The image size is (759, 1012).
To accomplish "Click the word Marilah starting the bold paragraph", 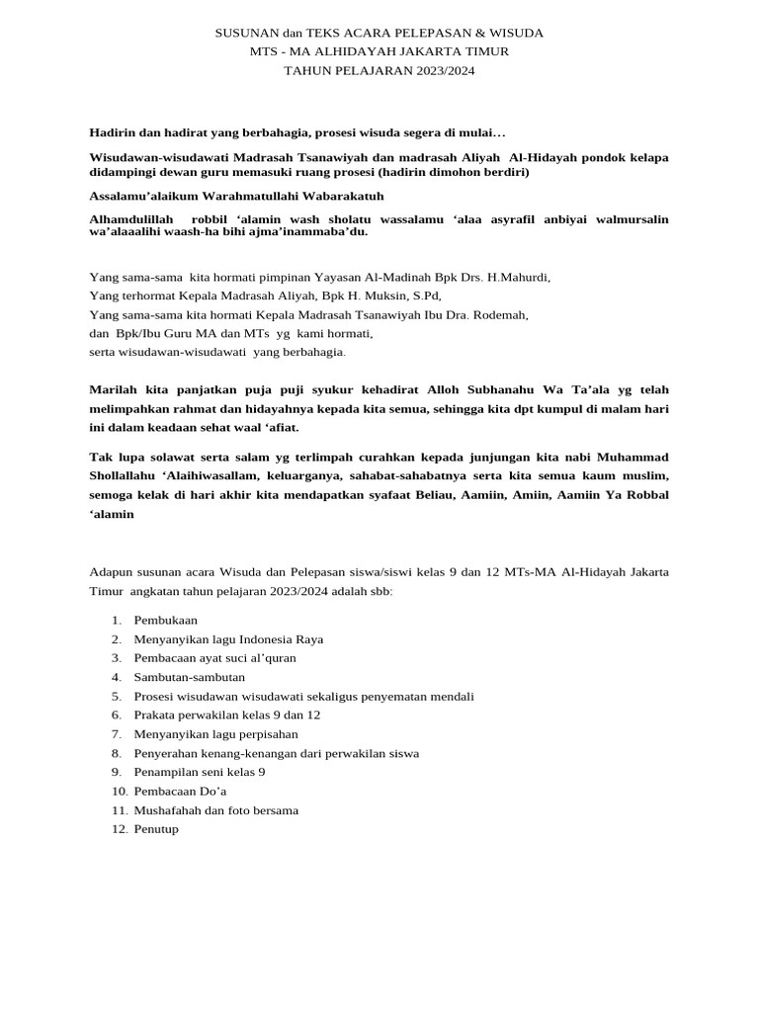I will click(114, 389).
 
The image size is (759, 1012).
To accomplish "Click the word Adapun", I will click(111, 571).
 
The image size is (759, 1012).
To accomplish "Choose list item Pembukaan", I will click(165, 620).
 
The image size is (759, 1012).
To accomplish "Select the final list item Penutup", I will click(156, 829).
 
